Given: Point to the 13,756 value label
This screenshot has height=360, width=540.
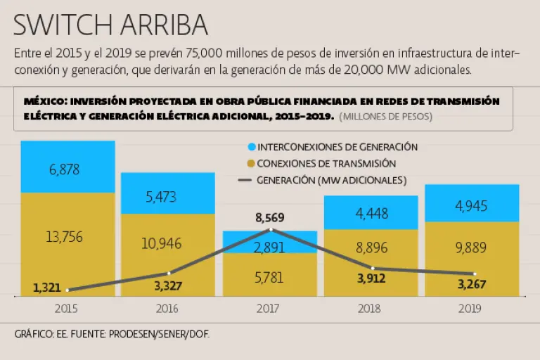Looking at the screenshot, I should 65,237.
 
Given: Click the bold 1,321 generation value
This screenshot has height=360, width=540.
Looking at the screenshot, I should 47,287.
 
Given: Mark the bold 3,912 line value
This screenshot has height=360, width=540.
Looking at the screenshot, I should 371,279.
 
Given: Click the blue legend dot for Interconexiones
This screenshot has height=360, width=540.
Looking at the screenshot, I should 250,148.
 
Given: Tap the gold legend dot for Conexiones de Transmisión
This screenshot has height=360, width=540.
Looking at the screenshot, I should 250,164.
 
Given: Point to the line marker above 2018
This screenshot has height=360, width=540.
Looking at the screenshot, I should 373,268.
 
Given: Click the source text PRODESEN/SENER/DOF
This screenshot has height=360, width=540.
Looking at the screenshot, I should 159,335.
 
